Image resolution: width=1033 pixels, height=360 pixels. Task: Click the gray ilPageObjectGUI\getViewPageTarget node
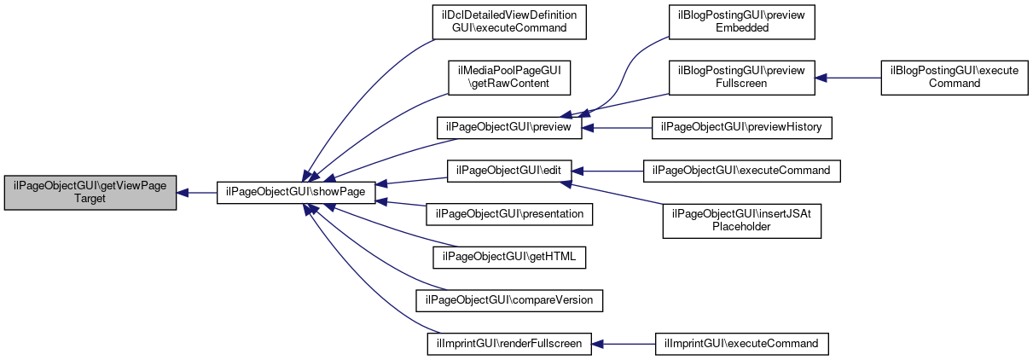click(x=90, y=193)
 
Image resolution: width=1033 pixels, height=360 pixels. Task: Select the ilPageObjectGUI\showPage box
click(x=296, y=192)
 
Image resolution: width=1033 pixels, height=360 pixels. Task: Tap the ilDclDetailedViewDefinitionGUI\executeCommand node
click(x=509, y=22)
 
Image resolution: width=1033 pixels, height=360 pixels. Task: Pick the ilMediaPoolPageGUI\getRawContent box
click(x=509, y=78)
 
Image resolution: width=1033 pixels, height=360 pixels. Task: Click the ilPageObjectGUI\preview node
click(x=509, y=127)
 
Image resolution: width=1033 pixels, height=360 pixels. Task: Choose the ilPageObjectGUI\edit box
click(x=509, y=171)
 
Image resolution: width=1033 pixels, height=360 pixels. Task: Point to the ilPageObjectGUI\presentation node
click(x=509, y=214)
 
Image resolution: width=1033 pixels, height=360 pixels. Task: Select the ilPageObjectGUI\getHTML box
click(x=509, y=258)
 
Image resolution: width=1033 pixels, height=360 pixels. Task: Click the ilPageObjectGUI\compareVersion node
click(x=509, y=300)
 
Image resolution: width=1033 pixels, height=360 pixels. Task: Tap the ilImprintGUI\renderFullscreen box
click(x=509, y=344)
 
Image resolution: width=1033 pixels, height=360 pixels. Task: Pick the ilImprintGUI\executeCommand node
click(x=741, y=344)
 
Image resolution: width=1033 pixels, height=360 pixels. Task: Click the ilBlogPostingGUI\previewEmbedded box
click(x=741, y=22)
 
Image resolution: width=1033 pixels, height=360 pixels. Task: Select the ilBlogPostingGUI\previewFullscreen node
click(x=741, y=78)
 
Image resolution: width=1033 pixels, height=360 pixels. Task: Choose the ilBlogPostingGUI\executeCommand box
click(x=955, y=78)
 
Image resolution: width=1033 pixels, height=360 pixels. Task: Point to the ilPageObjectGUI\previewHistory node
click(x=741, y=127)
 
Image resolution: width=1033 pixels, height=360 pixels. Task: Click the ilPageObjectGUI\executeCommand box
click(x=741, y=171)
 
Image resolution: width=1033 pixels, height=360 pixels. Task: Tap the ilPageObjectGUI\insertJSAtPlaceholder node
click(x=741, y=221)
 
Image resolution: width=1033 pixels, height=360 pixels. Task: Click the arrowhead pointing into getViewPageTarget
click(x=182, y=193)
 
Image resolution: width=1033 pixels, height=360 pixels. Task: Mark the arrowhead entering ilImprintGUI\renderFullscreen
click(x=597, y=344)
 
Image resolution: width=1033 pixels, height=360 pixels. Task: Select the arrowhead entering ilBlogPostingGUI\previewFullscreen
click(x=821, y=78)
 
